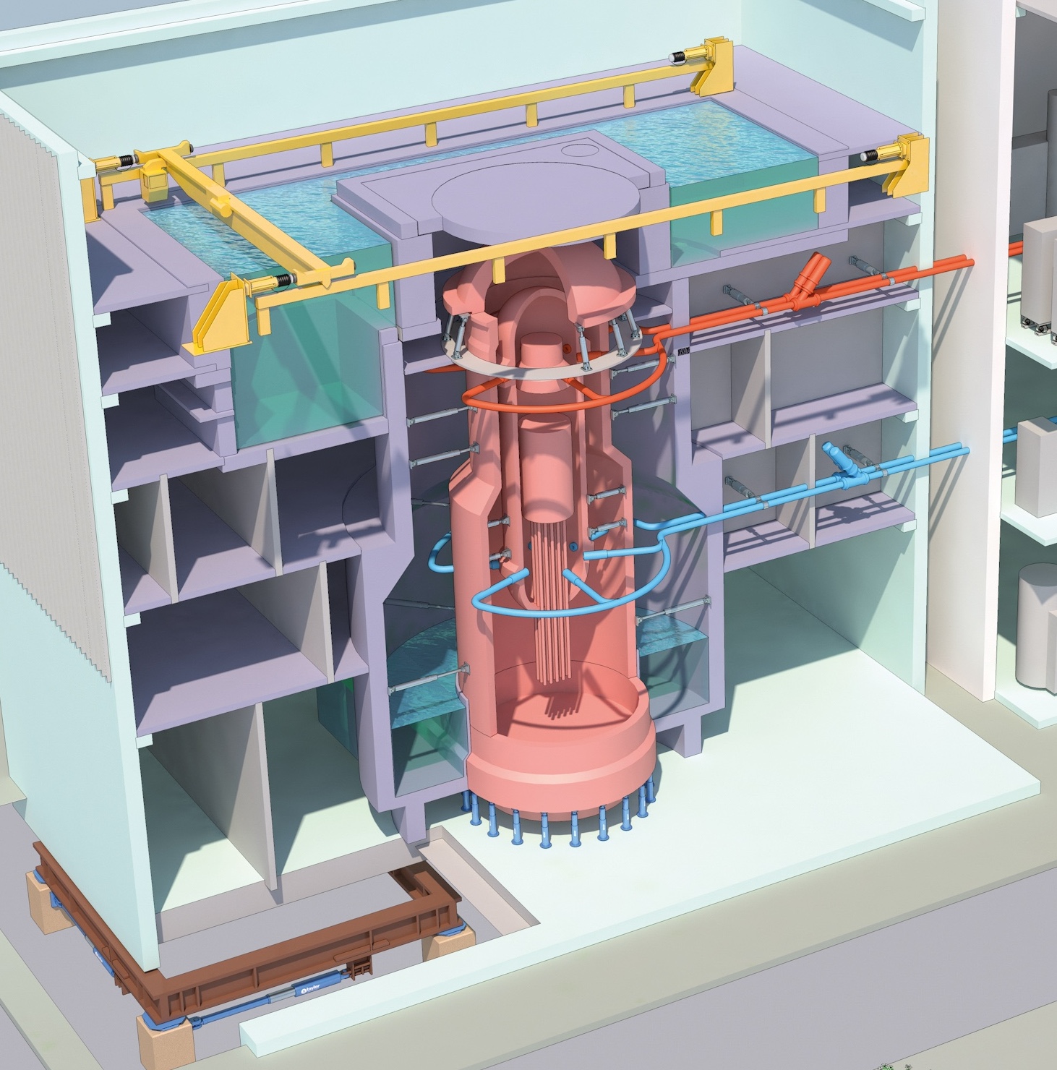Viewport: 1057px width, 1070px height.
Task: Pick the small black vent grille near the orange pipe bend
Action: [684, 352]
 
